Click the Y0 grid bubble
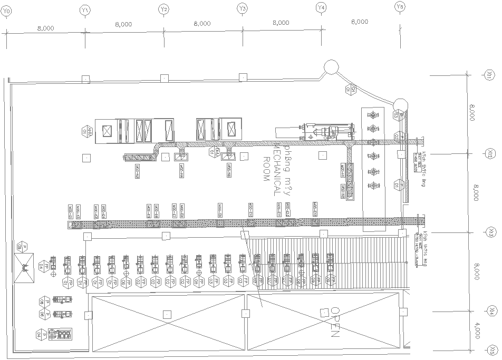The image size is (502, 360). (x=6, y=10)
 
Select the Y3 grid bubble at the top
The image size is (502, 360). (x=242, y=9)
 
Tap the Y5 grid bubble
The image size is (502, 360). (x=400, y=7)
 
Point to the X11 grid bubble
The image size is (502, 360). (x=490, y=76)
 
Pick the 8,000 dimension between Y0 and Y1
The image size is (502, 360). (x=45, y=28)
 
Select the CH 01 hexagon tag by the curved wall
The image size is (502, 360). (x=351, y=90)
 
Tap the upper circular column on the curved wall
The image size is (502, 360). (x=331, y=67)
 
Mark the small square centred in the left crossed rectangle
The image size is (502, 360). (x=167, y=314)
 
